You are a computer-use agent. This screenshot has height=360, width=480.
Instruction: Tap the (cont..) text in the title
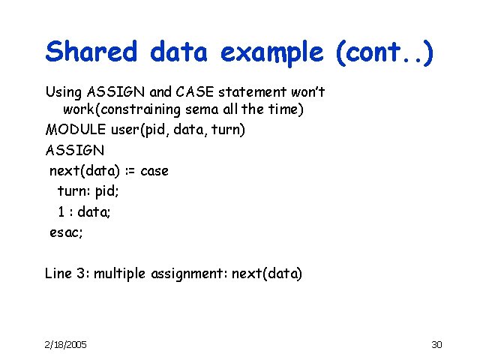tap(385, 52)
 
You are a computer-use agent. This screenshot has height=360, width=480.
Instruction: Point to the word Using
tap(64, 92)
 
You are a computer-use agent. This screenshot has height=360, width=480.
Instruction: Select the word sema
tap(211, 111)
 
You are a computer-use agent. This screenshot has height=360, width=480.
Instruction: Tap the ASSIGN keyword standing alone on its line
tap(75, 150)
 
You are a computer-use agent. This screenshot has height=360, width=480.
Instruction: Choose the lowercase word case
tap(154, 170)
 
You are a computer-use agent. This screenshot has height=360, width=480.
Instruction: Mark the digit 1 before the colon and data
tap(61, 211)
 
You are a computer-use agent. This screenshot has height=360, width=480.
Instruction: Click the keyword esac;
tap(66, 232)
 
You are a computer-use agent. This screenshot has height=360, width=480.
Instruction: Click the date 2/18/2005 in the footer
tap(66, 344)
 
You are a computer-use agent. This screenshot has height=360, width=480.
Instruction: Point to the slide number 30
tap(437, 344)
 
